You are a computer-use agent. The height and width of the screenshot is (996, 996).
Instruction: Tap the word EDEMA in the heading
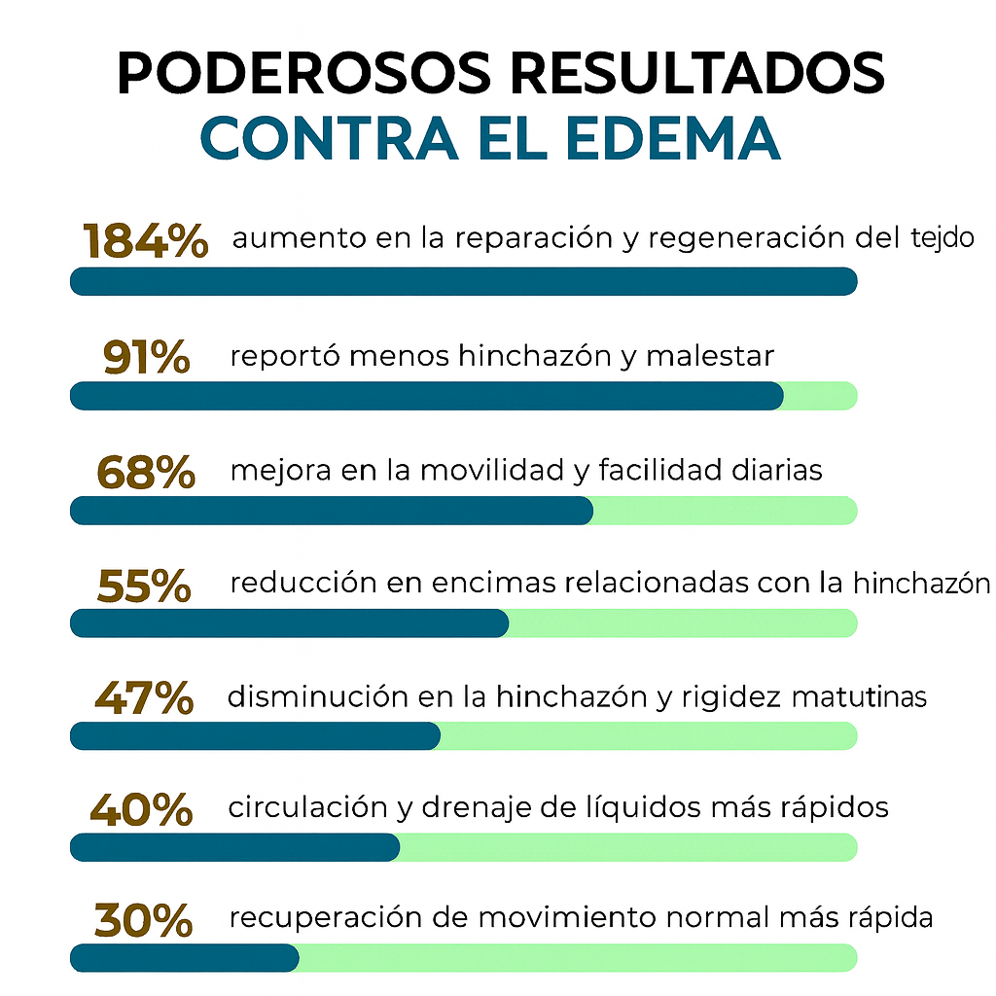point(672,138)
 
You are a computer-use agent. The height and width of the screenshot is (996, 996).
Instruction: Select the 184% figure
point(146,241)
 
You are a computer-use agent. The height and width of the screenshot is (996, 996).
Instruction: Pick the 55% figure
point(144,586)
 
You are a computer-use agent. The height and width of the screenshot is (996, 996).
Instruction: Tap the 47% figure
point(144,697)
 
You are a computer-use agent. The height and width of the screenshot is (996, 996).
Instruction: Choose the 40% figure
point(142,809)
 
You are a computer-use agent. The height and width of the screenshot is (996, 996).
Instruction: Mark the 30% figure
point(142,919)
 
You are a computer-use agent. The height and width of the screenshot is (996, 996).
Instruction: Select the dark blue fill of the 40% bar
point(234,847)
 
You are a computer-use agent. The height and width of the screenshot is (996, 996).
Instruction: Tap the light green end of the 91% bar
point(820,396)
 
